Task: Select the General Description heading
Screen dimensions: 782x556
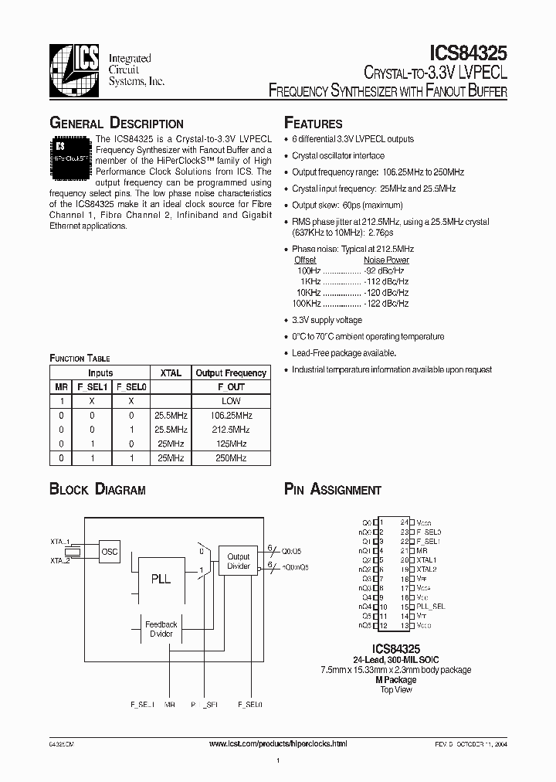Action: pos(117,124)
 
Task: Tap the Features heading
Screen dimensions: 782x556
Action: pos(314,124)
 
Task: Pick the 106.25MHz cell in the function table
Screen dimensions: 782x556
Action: pos(231,415)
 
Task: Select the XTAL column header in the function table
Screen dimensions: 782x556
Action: pos(171,373)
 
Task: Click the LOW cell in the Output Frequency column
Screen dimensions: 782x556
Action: pos(231,401)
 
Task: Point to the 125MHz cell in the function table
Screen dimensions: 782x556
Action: pos(231,444)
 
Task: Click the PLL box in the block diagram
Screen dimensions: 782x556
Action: pos(160,579)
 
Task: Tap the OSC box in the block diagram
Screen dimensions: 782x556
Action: pos(110,552)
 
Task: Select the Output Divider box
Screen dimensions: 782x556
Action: pos(238,562)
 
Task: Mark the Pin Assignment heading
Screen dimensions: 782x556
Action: pos(333,490)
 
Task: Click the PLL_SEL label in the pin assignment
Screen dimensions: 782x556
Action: pos(432,607)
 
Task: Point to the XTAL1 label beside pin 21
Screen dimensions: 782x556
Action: pos(427,559)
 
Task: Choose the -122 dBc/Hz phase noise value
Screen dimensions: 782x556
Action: pos(385,304)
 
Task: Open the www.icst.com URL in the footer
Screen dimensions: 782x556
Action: pos(278,743)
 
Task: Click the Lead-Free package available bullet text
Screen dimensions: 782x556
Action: pos(344,353)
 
